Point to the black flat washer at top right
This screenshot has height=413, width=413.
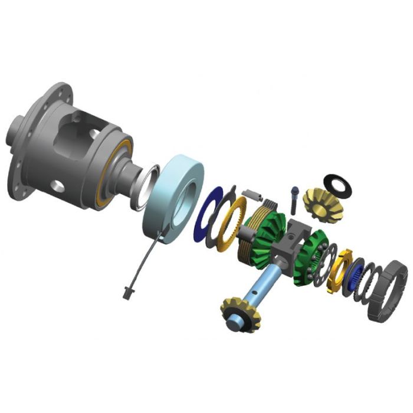[337, 185]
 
